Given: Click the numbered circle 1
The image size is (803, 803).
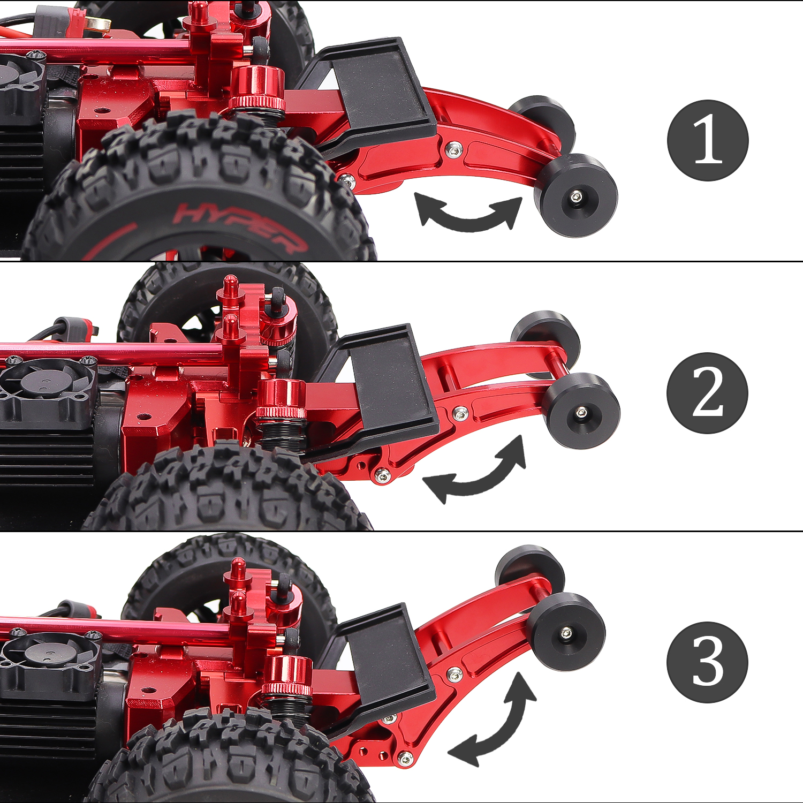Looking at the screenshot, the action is click(x=708, y=140).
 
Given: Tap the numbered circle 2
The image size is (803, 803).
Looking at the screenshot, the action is click(x=708, y=393).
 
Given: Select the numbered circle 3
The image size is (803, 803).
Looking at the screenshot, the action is click(x=708, y=662).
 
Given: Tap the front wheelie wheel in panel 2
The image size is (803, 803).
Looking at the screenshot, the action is click(x=581, y=411).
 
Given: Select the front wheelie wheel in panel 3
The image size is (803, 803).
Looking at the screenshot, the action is click(x=566, y=632).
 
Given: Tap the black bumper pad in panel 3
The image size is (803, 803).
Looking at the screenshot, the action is click(x=383, y=669).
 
